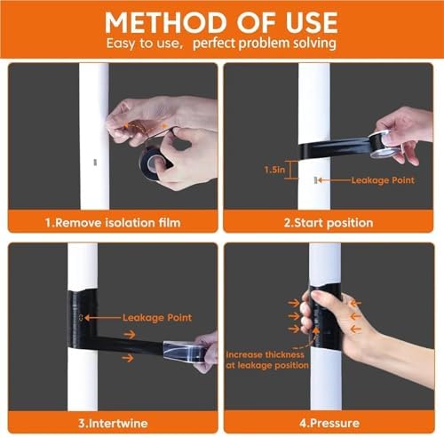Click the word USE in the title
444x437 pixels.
pyautogui.click(x=312, y=23)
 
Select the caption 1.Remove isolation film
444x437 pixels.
pyautogui.click(x=113, y=223)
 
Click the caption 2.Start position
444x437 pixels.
pyautogui.click(x=329, y=223)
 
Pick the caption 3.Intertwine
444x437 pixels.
pyautogui.click(x=113, y=423)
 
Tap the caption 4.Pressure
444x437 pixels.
pyautogui.click(x=329, y=423)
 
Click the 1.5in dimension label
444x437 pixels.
pyautogui.click(x=274, y=170)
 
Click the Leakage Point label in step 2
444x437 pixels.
pyautogui.click(x=383, y=180)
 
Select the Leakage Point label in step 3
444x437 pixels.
pyautogui.click(x=157, y=318)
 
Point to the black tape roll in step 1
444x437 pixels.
pyautogui.click(x=154, y=162)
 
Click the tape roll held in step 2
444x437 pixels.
pyautogui.click(x=385, y=144)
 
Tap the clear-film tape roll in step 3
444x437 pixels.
pyautogui.click(x=184, y=351)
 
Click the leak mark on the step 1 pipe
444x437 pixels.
pyautogui.click(x=95, y=162)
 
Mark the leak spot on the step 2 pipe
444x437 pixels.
pyautogui.click(x=315, y=179)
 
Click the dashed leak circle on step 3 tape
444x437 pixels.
pyautogui.click(x=81, y=318)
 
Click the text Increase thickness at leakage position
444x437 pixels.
pyautogui.click(x=267, y=360)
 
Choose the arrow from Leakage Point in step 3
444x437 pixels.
pyautogui.click(x=103, y=318)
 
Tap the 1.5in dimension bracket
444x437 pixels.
pyautogui.click(x=291, y=170)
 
